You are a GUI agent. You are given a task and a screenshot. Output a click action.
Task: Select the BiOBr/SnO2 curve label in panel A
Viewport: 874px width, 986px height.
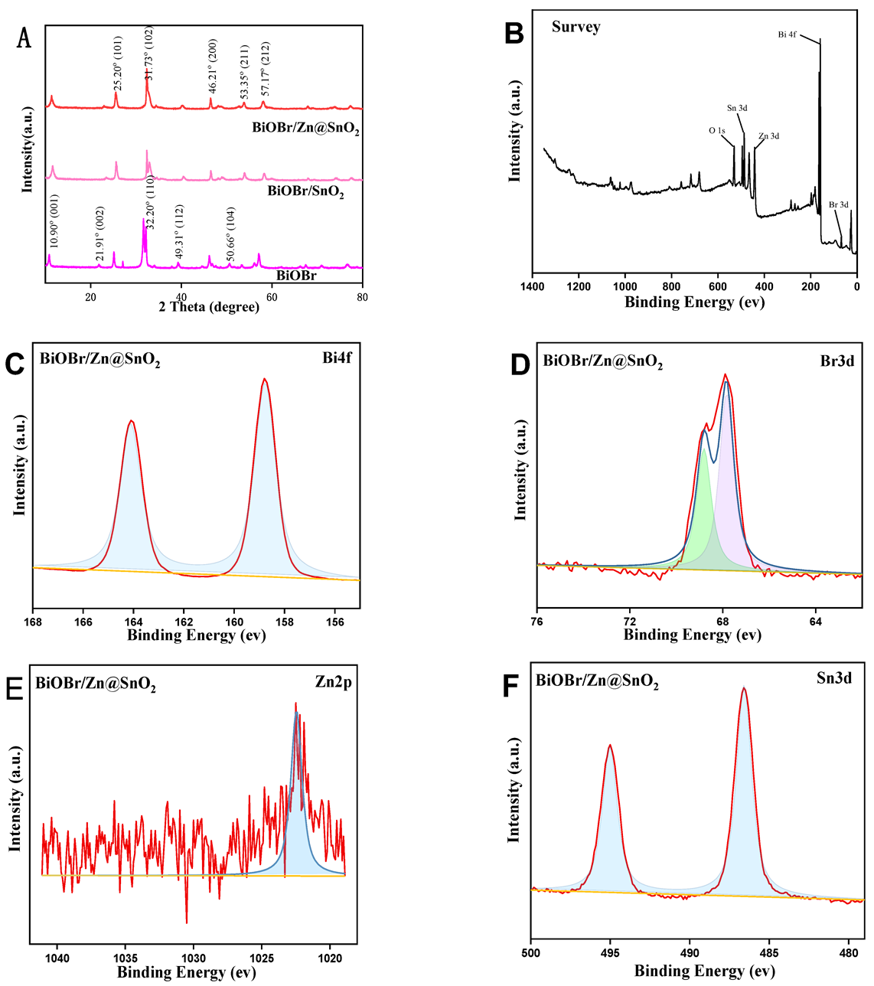[x=305, y=191]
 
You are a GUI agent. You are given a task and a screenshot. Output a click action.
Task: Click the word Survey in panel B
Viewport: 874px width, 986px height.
[x=576, y=28]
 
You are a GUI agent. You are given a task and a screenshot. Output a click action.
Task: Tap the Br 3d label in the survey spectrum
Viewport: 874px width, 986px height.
[x=839, y=205]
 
